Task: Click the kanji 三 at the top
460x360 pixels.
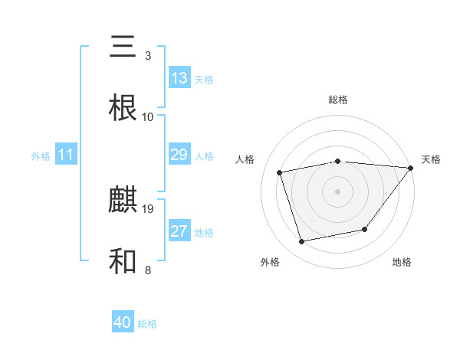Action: point(123,48)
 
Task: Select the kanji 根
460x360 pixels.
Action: point(123,108)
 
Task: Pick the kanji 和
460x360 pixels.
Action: point(123,261)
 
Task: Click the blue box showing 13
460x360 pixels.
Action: point(179,78)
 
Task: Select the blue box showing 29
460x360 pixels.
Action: point(179,155)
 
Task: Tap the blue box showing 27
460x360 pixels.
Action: point(179,232)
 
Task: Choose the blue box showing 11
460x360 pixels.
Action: point(66,155)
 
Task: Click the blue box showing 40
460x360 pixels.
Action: point(123,323)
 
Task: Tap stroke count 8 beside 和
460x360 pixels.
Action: point(148,270)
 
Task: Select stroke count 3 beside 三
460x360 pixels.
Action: point(148,56)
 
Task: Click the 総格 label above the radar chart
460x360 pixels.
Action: point(337,100)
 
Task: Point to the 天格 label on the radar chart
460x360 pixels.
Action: point(431,159)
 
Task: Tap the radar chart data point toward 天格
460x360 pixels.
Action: point(410,168)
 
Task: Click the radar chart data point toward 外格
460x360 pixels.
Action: point(302,242)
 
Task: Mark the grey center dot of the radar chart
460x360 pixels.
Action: point(337,191)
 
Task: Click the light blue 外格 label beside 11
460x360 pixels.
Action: point(41,156)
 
